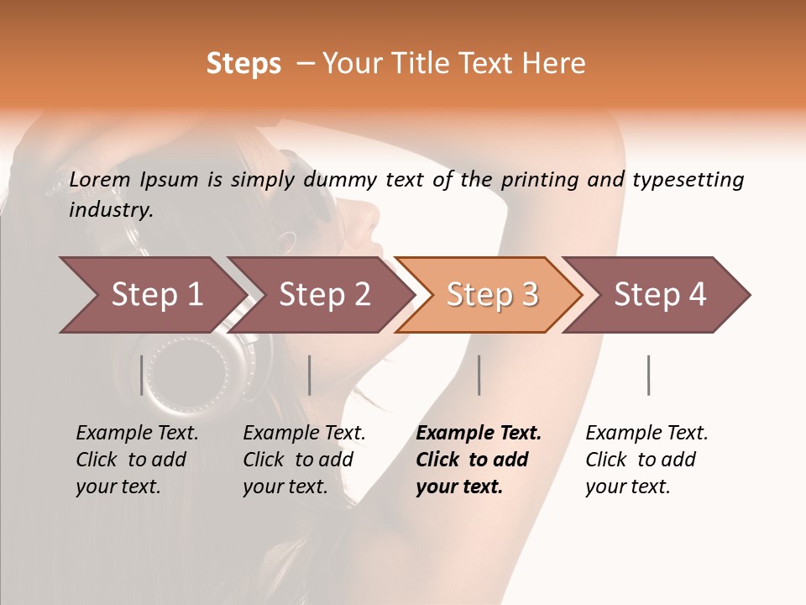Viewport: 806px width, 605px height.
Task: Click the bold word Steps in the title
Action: [243, 64]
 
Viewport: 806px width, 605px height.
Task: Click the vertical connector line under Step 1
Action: [142, 375]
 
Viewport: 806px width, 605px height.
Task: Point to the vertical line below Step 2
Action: [310, 375]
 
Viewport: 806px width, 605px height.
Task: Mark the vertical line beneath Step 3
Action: [479, 375]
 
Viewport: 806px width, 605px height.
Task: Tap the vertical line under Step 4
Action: [649, 375]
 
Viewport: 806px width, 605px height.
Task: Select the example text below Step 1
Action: [137, 460]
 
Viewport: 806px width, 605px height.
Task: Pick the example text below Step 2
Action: [304, 460]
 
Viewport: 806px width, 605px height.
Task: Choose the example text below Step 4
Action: [646, 460]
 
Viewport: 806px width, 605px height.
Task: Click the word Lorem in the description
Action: [96, 180]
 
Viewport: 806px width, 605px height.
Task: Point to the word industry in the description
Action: [111, 209]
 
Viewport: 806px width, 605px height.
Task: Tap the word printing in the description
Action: [539, 180]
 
